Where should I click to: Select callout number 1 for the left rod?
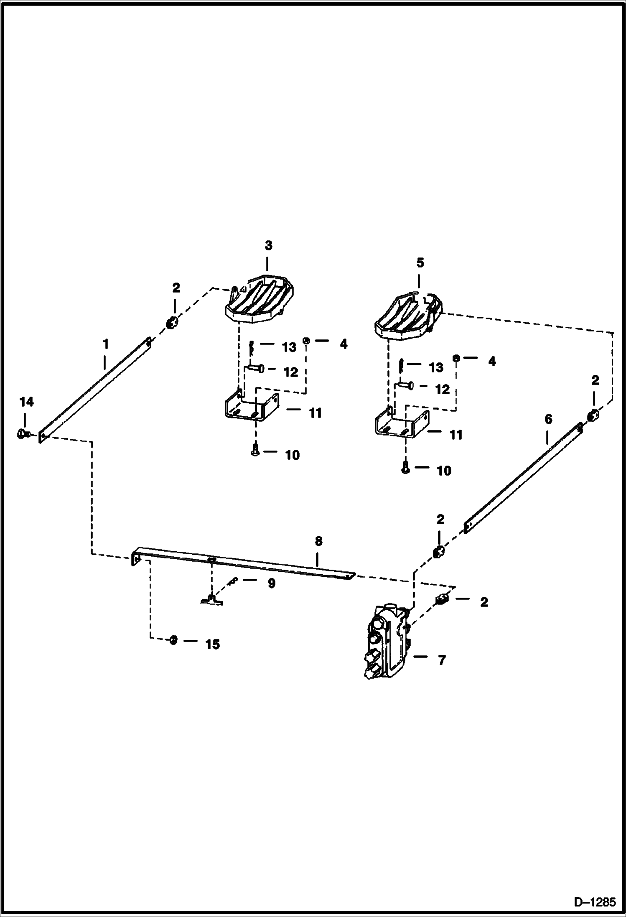pyautogui.click(x=106, y=344)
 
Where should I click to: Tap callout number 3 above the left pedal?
pyautogui.click(x=268, y=245)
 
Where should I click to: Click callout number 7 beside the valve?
pyautogui.click(x=442, y=660)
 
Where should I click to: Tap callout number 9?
pyautogui.click(x=271, y=583)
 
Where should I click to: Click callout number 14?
pyautogui.click(x=26, y=402)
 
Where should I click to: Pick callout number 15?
pyautogui.click(x=212, y=644)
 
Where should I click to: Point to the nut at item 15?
pyautogui.click(x=173, y=640)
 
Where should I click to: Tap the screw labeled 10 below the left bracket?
pyautogui.click(x=256, y=451)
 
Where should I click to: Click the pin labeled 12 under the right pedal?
pyautogui.click(x=405, y=385)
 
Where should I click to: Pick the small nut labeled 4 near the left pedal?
pyautogui.click(x=307, y=341)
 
